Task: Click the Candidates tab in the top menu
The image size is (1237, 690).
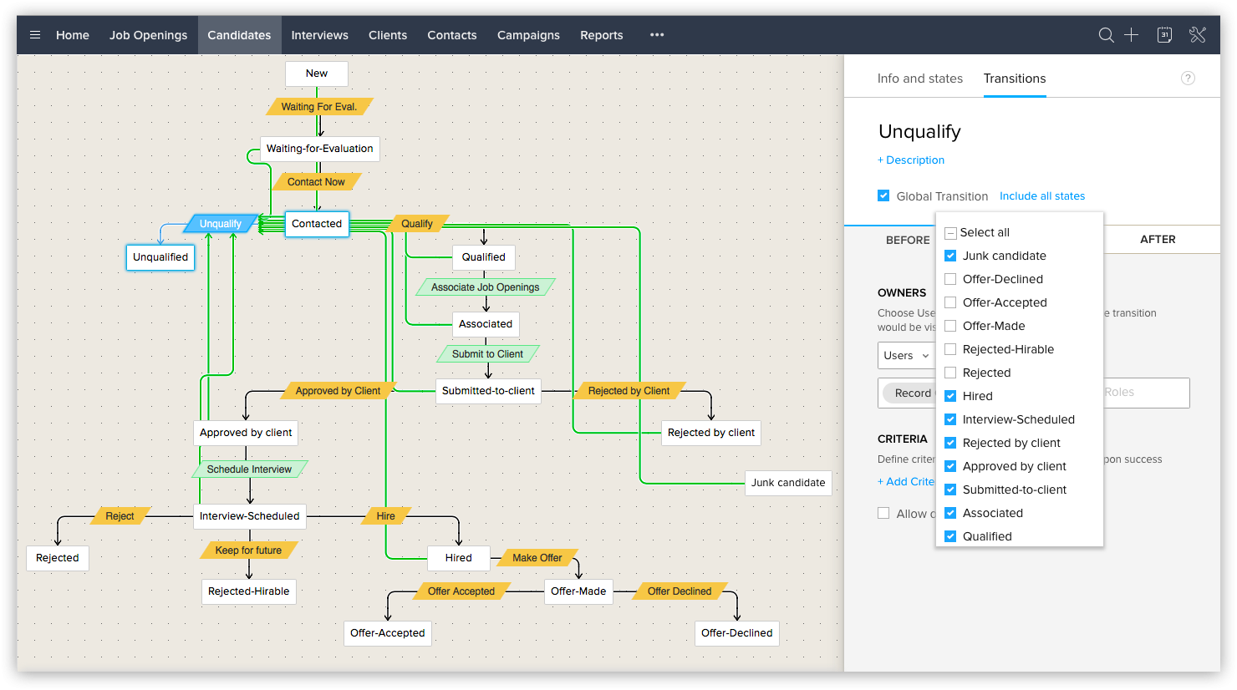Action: pyautogui.click(x=239, y=35)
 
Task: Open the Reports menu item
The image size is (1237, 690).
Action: pyautogui.click(x=602, y=35)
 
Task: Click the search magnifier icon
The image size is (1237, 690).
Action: pyautogui.click(x=1106, y=35)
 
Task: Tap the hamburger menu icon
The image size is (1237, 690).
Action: pyautogui.click(x=35, y=35)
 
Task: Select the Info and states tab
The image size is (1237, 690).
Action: pyautogui.click(x=919, y=79)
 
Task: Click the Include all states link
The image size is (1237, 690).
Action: pyautogui.click(x=1042, y=196)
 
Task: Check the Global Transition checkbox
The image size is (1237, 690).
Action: pyautogui.click(x=883, y=196)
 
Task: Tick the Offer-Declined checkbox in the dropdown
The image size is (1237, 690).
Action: pyautogui.click(x=950, y=279)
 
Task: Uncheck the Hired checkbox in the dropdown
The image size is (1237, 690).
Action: pyautogui.click(x=950, y=396)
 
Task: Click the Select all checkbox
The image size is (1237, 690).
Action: pyautogui.click(x=950, y=233)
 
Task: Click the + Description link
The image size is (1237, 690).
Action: pyautogui.click(x=911, y=160)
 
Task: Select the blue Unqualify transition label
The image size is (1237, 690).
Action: pyautogui.click(x=221, y=224)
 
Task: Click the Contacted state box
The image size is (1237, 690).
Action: pyautogui.click(x=317, y=224)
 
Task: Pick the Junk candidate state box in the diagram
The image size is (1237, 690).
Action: pyautogui.click(x=788, y=483)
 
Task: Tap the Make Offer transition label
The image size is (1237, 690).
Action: pyautogui.click(x=537, y=557)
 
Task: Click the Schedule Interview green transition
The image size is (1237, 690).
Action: pyautogui.click(x=249, y=469)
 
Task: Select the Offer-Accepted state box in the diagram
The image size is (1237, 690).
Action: pyautogui.click(x=387, y=633)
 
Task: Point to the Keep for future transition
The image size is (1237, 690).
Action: pyautogui.click(x=248, y=550)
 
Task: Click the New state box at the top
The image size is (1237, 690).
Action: pyautogui.click(x=317, y=74)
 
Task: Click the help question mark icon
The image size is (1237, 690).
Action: pyautogui.click(x=1188, y=79)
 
